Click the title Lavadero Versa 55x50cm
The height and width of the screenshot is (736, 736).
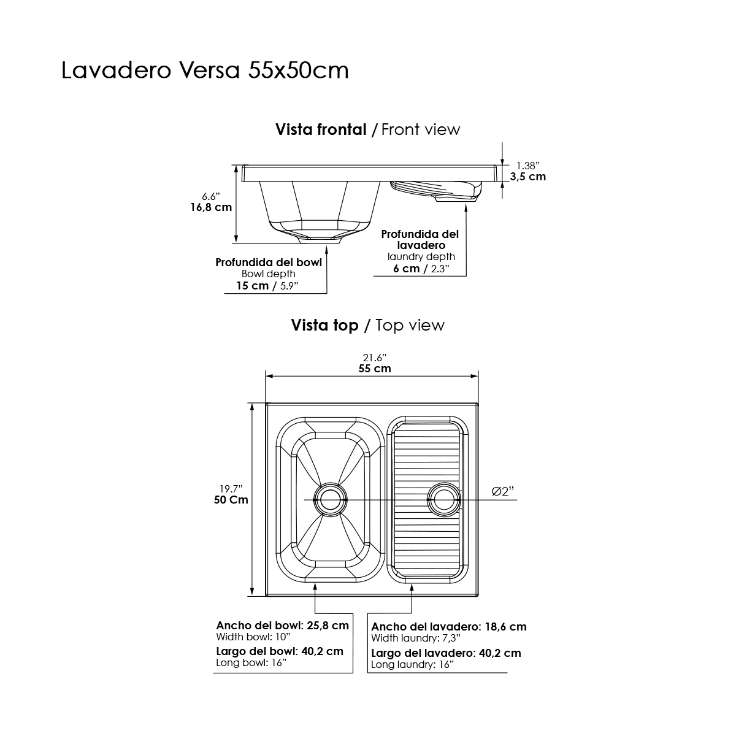pos(205,71)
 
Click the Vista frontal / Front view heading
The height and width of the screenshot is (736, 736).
pos(368,130)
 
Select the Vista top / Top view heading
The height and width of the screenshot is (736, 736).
pos(368,326)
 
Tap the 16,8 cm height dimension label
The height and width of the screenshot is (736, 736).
pos(211,207)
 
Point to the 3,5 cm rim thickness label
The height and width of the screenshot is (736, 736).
pos(528,177)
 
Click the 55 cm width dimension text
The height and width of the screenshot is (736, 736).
pos(375,369)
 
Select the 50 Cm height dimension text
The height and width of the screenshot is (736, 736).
pos(231,500)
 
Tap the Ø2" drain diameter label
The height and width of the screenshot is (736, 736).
pos(503,491)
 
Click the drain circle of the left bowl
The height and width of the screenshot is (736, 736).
pos(331,500)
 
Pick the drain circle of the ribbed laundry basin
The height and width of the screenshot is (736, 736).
pos(444,500)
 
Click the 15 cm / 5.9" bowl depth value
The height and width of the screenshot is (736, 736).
pos(267,286)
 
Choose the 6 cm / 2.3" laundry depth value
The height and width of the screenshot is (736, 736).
pos(421,269)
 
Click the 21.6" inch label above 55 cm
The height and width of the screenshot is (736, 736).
pos(375,358)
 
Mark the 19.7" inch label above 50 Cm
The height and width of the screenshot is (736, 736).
pos(231,489)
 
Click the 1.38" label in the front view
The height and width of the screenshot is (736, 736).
pos(528,166)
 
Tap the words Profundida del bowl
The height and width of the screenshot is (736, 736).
pos(269,263)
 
